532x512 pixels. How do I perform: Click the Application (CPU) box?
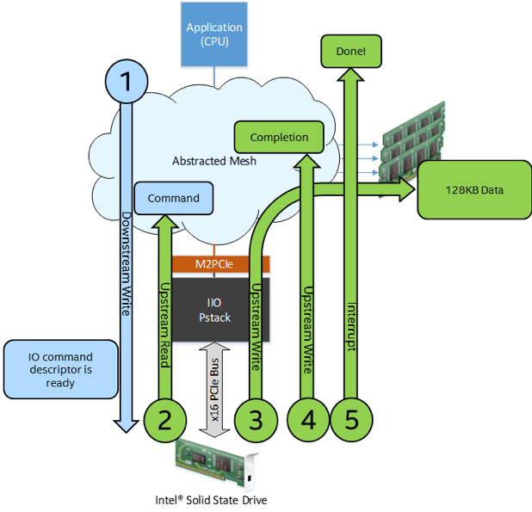pyautogui.click(x=214, y=34)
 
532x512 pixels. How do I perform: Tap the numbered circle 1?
pyautogui.click(x=127, y=82)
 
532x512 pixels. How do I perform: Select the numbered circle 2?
pyautogui.click(x=165, y=420)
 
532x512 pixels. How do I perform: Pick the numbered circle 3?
pyautogui.click(x=256, y=420)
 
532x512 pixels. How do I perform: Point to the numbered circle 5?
pyautogui.click(x=350, y=420)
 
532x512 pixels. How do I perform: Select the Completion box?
pyautogui.click(x=279, y=138)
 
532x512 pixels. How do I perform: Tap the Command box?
pyautogui.click(x=174, y=198)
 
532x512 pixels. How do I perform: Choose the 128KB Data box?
pyautogui.click(x=473, y=189)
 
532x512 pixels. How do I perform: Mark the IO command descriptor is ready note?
pyautogui.click(x=61, y=370)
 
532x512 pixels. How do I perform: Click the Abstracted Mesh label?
pyautogui.click(x=214, y=161)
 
